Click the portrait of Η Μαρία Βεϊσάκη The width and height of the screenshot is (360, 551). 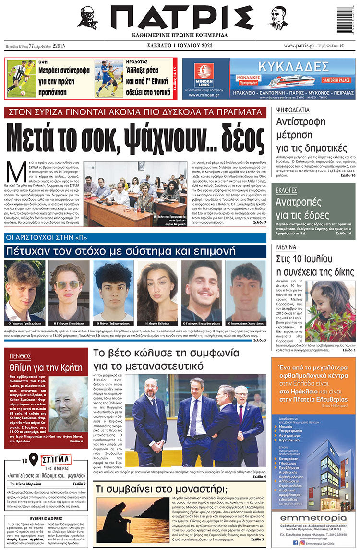tap(157, 291)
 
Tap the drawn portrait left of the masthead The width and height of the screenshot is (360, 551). tap(88, 18)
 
